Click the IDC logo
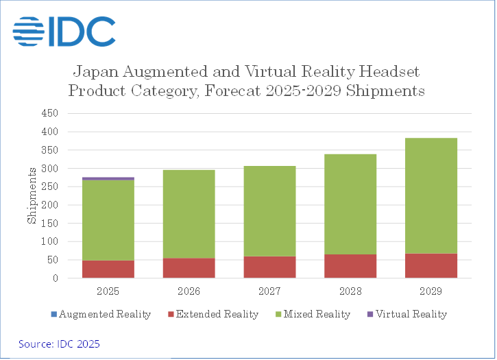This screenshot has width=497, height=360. tap(64, 31)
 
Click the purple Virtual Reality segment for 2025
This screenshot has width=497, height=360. tap(108, 178)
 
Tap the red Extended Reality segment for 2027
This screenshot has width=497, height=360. tap(269, 267)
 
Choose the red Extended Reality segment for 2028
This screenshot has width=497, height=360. tap(350, 266)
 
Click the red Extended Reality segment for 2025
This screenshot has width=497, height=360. tap(108, 269)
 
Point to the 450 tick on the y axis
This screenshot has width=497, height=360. tap(51, 112)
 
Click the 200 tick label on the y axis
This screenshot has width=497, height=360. tap(51, 205)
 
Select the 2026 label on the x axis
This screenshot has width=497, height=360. tap(189, 291)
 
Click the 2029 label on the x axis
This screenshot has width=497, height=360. tap(431, 291)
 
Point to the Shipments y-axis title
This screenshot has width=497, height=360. tap(32, 195)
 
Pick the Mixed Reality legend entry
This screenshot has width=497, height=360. tap(315, 314)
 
